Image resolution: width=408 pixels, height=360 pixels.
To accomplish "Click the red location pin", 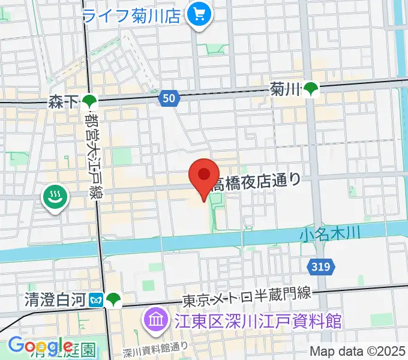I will pos(204,176).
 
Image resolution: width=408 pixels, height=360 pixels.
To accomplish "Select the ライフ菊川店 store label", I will pos(132,14).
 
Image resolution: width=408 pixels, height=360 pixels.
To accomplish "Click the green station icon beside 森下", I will pos(89,102).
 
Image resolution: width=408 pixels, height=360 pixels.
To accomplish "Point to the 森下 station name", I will pos(64,103).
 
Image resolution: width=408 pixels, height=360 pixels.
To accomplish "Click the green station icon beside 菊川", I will pos(311,89).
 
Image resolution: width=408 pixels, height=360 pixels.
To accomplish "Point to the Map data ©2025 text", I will pos(358,352).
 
